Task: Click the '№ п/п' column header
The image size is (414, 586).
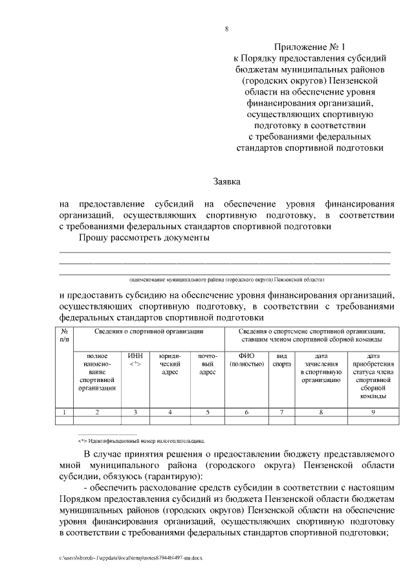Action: tap(65, 335)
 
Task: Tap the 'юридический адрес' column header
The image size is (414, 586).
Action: tap(169, 364)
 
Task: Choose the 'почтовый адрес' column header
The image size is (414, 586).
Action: tap(207, 364)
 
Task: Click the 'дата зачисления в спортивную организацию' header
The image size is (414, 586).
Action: tap(321, 368)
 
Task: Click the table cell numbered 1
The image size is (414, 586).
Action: tap(65, 412)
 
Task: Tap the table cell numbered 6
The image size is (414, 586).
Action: tap(246, 412)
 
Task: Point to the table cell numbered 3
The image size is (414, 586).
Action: tap(135, 412)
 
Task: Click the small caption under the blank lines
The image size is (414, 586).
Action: tap(226, 280)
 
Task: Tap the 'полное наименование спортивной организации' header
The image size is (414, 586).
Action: tap(97, 372)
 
